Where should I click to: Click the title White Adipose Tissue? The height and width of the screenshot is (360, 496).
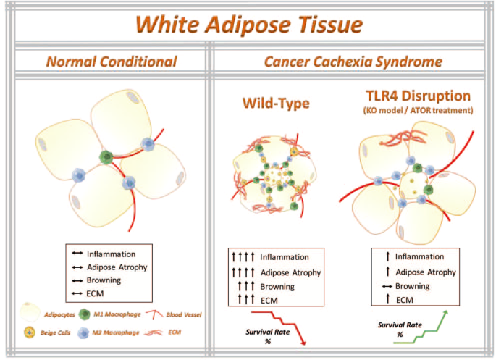tap(249, 25)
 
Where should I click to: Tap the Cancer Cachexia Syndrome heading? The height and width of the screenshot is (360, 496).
tap(353, 62)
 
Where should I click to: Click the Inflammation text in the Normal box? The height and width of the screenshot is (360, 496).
tap(110, 254)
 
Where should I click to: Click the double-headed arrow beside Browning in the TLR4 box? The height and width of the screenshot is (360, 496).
tap(386, 286)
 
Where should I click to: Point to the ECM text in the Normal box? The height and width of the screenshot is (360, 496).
tap(96, 293)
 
